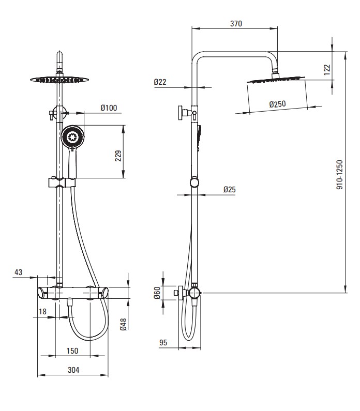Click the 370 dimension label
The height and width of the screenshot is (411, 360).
[236, 23]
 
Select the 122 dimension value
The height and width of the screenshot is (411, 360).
[327, 70]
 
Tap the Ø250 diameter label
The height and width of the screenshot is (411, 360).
[277, 104]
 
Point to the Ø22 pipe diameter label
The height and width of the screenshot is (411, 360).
[160, 82]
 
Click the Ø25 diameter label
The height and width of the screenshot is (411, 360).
[230, 189]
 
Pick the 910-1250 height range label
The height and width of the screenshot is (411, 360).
[339, 175]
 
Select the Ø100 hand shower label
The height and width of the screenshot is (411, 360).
[109, 108]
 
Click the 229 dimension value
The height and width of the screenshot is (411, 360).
[118, 156]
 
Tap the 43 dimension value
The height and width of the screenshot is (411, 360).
[18, 272]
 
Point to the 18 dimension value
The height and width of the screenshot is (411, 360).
[42, 311]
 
